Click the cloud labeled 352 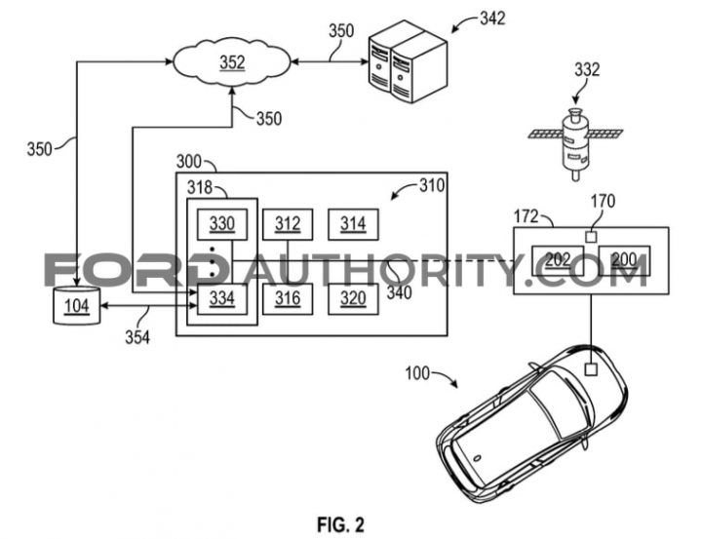(x=232, y=62)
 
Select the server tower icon (x=408, y=61)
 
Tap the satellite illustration (x=575, y=142)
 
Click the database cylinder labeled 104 (x=77, y=306)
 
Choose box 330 (x=222, y=224)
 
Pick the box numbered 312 (x=288, y=224)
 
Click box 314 (x=353, y=224)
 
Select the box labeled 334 (x=222, y=298)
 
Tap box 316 (x=288, y=298)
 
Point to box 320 (x=353, y=298)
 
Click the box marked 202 (x=558, y=260)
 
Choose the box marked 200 (x=625, y=260)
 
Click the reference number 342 (x=492, y=19)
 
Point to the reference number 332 (x=587, y=70)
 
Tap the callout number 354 (x=137, y=337)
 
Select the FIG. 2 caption (x=341, y=524)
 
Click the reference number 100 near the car (x=417, y=373)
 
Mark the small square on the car (x=592, y=369)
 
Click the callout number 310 (x=432, y=185)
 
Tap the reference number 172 (x=526, y=216)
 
